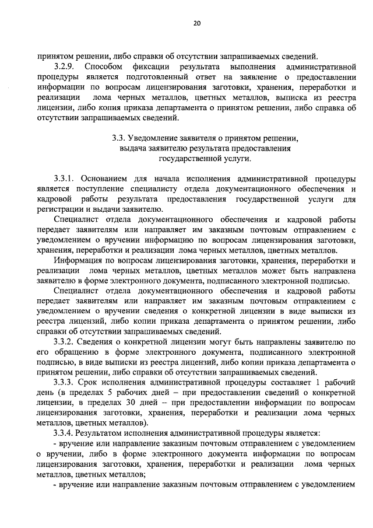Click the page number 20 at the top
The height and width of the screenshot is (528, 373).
coord(196,23)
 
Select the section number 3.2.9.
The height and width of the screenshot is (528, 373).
coord(65,67)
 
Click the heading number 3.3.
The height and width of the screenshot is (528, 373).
coord(118,138)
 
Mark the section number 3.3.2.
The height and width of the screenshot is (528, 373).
coord(65,341)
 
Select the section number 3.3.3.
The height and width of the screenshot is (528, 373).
coord(65,382)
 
